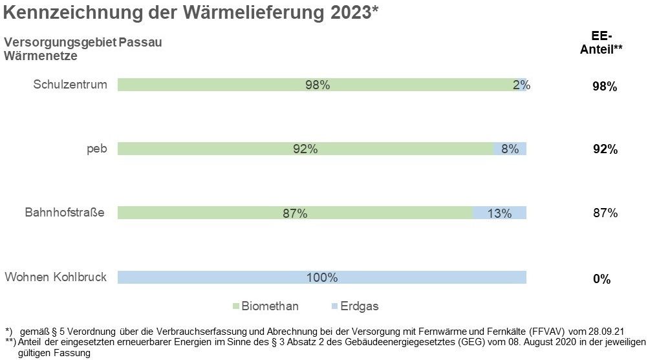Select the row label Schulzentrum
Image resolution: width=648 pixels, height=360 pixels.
coord(70,85)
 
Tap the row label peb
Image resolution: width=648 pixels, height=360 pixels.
coord(97,149)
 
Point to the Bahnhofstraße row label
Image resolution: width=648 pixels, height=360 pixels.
coord(65,213)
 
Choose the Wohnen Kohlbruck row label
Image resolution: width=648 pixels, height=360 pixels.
coord(56,277)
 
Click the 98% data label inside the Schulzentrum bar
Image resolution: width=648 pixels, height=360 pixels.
coord(318,85)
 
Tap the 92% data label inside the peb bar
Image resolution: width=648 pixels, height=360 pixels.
coord(305,149)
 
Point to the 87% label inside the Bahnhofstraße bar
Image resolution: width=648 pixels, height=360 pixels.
coord(295,213)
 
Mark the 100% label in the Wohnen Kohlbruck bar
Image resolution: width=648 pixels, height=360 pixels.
coord(321,277)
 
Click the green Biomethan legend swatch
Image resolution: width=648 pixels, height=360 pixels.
coord(236,306)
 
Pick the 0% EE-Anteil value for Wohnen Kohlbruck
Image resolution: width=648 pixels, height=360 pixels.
coord(601,279)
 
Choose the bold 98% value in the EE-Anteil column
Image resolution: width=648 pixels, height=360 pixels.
coord(605,87)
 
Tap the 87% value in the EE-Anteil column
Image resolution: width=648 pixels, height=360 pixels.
coord(605,213)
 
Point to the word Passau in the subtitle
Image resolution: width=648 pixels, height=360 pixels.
coord(140,43)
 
